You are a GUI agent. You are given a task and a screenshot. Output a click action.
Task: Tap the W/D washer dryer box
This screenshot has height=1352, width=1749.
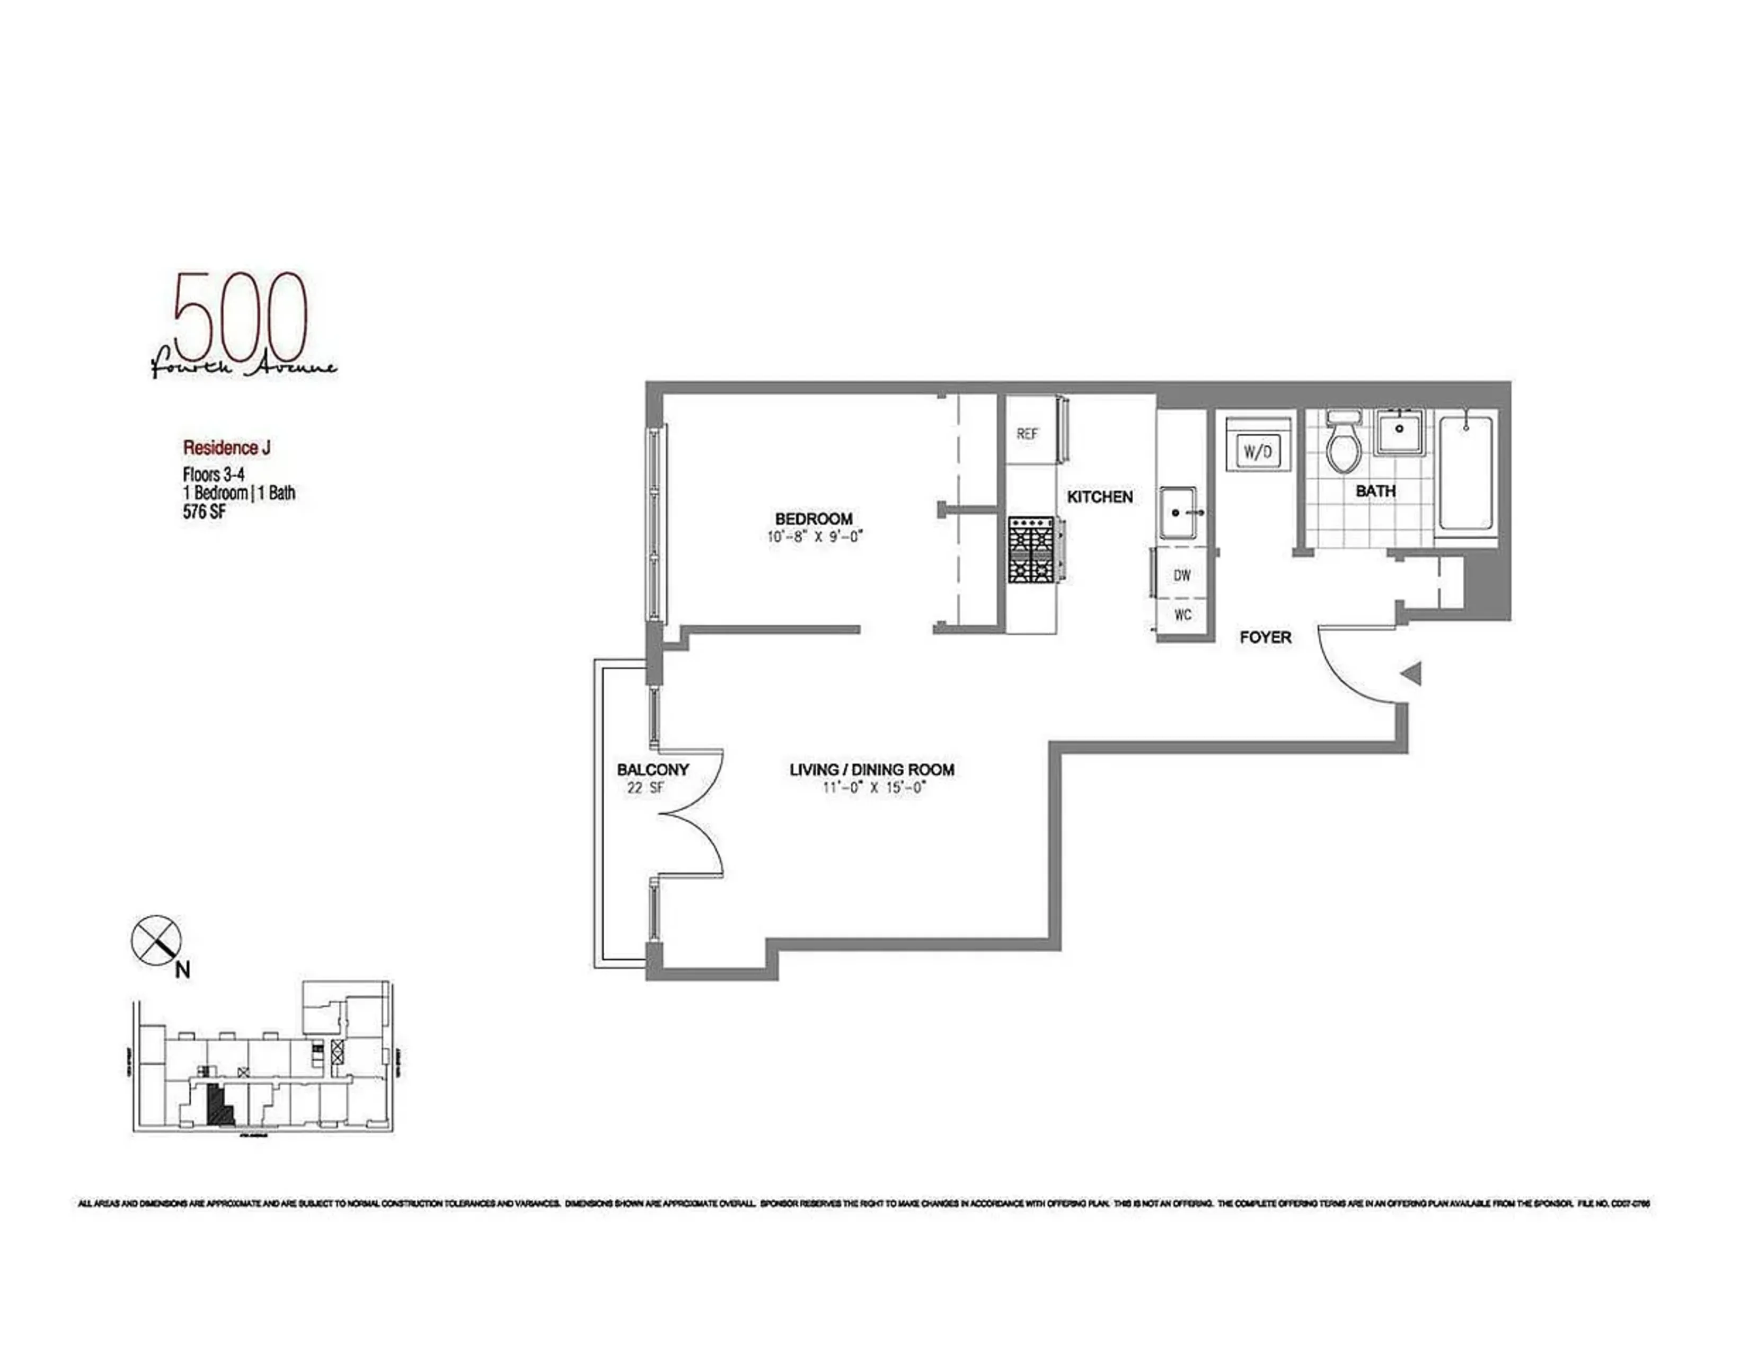coord(1257,452)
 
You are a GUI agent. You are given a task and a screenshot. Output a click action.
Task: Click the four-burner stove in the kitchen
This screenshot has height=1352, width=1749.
coord(1033,549)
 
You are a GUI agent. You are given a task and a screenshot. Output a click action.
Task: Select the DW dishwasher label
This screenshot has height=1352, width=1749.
coord(1182,575)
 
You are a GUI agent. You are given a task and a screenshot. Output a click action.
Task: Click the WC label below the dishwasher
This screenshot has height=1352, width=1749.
coord(1182,614)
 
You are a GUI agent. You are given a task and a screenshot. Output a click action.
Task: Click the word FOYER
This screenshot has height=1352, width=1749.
coord(1265,637)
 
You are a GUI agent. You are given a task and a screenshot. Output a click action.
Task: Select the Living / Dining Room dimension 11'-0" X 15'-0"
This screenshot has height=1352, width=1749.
coord(873,787)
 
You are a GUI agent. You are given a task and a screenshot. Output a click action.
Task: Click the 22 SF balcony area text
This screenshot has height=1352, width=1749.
coord(646,787)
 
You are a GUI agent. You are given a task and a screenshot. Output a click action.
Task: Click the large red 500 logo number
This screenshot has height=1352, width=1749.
coord(240,318)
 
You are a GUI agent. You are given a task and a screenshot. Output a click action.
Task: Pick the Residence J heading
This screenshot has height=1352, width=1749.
coord(227,447)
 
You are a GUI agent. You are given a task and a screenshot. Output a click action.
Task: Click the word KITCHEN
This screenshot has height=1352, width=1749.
coord(1100,497)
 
